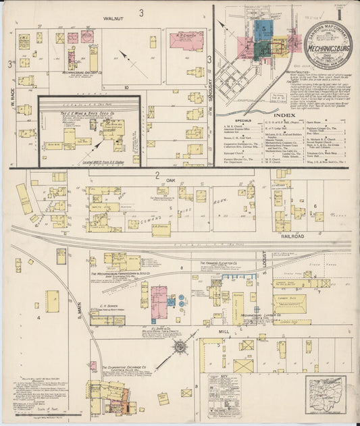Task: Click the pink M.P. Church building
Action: click(x=186, y=39)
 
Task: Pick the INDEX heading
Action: click(x=284, y=115)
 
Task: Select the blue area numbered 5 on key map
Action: click(x=263, y=30)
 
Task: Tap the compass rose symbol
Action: click(x=180, y=347)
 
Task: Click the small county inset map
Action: click(x=327, y=392)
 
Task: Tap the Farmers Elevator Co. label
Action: click(x=217, y=263)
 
